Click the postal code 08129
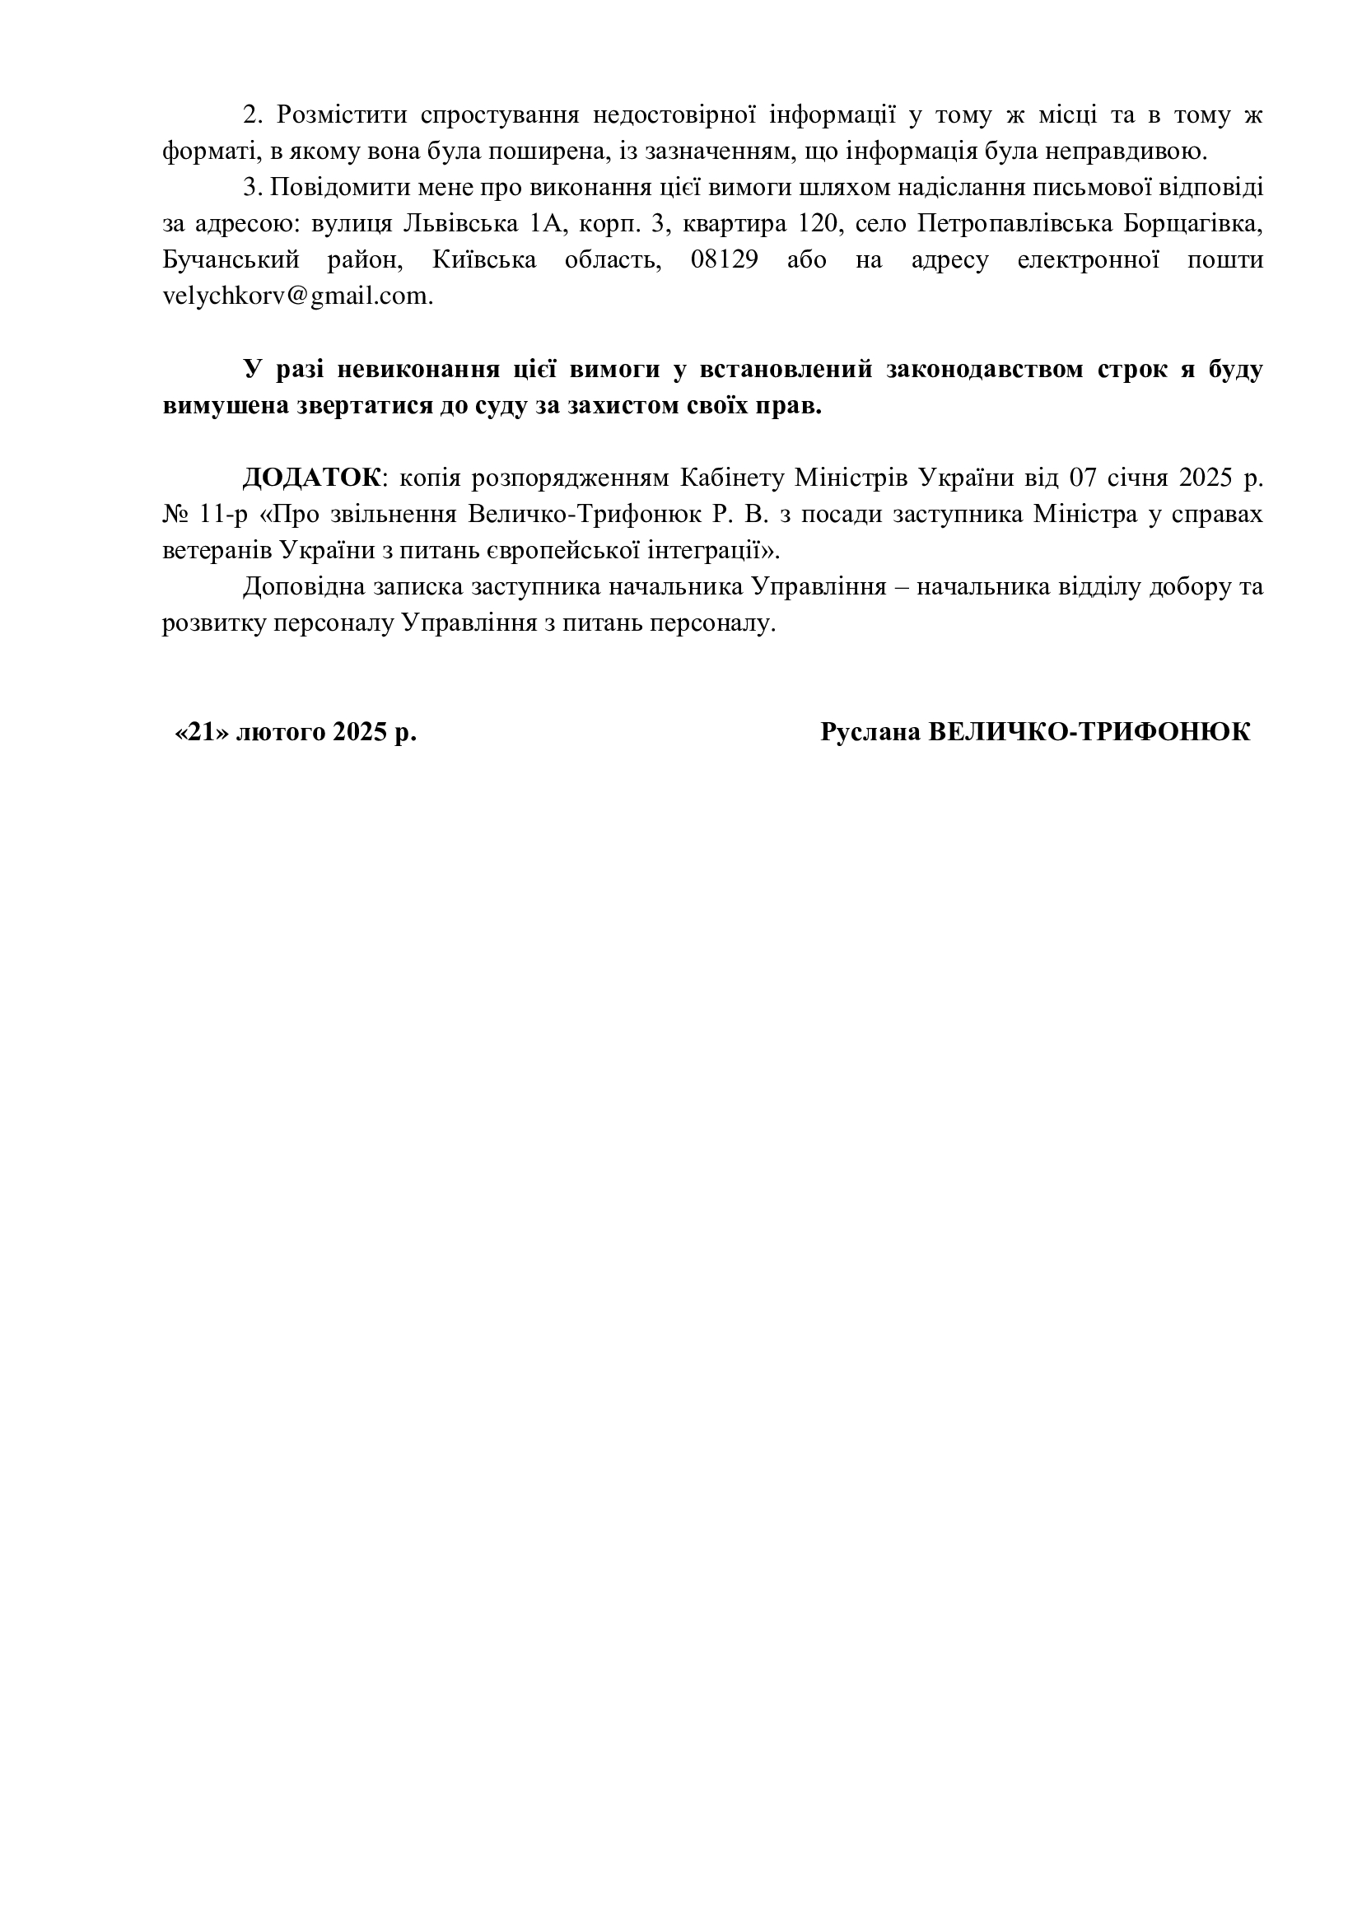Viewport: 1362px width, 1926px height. pyautogui.click(x=724, y=260)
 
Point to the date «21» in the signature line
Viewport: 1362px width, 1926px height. pyautogui.click(x=202, y=732)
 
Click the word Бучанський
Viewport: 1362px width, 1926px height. pyautogui.click(x=231, y=260)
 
